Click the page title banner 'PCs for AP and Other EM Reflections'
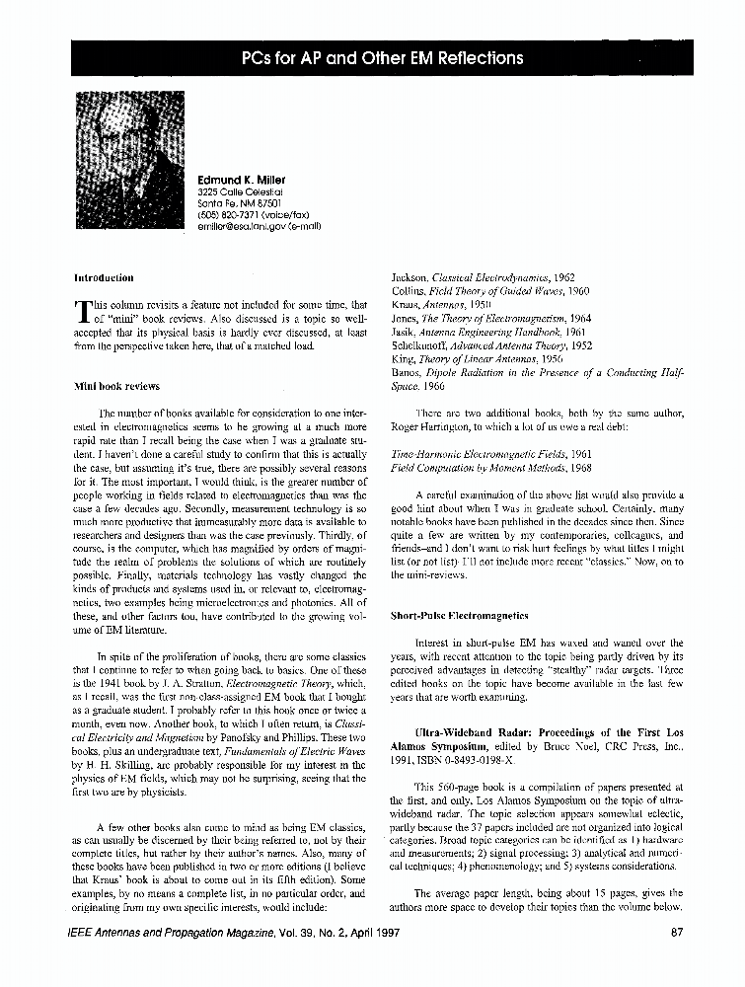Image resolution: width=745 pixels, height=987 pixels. click(x=382, y=58)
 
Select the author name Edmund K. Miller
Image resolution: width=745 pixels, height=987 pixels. click(x=242, y=179)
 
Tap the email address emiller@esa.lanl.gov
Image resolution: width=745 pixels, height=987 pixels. click(x=260, y=225)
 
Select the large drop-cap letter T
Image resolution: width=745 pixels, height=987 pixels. click(x=83, y=312)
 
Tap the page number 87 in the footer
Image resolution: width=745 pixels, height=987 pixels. click(x=676, y=932)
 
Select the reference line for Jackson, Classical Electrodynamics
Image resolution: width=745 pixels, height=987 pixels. click(x=484, y=278)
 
